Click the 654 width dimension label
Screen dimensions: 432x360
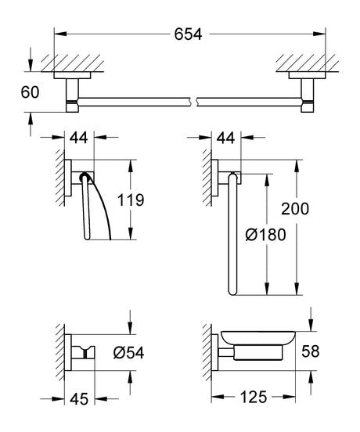pyautogui.click(x=188, y=34)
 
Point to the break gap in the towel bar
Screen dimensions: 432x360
pyautogui.click(x=193, y=100)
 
